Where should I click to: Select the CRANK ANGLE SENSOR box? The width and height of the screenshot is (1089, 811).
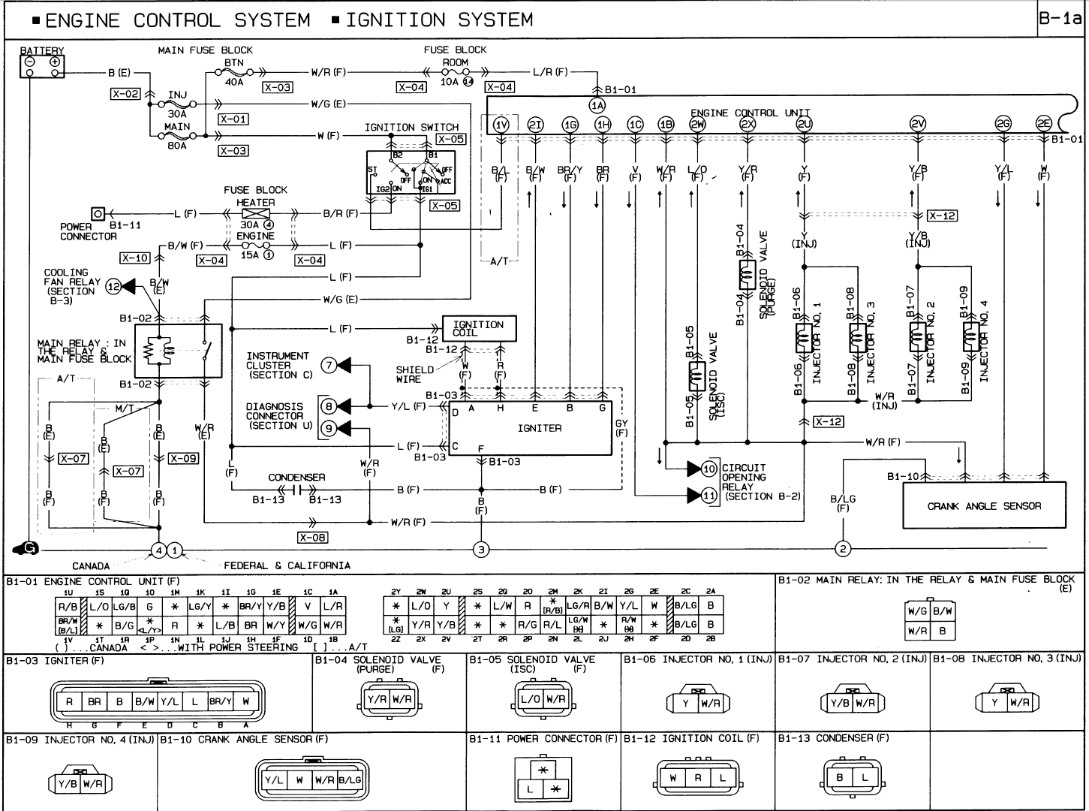pyautogui.click(x=984, y=505)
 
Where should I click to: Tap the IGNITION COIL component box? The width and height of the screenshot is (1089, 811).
pyautogui.click(x=479, y=328)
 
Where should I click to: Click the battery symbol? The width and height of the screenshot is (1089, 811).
pyautogui.click(x=42, y=66)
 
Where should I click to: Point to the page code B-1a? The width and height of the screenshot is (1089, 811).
pyautogui.click(x=1061, y=20)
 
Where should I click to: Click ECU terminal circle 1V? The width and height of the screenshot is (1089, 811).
pyautogui.click(x=502, y=125)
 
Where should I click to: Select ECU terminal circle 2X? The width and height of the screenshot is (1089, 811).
pyautogui.click(x=747, y=125)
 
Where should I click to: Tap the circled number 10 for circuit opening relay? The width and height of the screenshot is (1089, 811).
pyautogui.click(x=709, y=469)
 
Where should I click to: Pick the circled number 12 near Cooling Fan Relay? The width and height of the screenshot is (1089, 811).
pyautogui.click(x=113, y=286)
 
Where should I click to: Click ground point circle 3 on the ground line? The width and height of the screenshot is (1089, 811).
pyautogui.click(x=481, y=550)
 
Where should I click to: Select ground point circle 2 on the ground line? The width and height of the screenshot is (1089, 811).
pyautogui.click(x=843, y=550)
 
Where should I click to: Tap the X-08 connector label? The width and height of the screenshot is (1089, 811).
pyautogui.click(x=312, y=538)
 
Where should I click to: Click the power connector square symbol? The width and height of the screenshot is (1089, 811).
pyautogui.click(x=98, y=214)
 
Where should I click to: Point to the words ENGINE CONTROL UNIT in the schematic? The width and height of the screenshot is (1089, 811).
pyautogui.click(x=750, y=113)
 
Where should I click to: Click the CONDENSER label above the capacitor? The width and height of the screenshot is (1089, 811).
pyautogui.click(x=297, y=477)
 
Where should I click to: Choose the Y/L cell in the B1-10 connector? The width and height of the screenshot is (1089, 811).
pyautogui.click(x=274, y=780)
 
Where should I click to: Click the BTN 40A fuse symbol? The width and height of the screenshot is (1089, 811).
pyautogui.click(x=234, y=73)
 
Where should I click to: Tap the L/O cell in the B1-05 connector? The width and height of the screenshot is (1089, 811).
pyautogui.click(x=531, y=699)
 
